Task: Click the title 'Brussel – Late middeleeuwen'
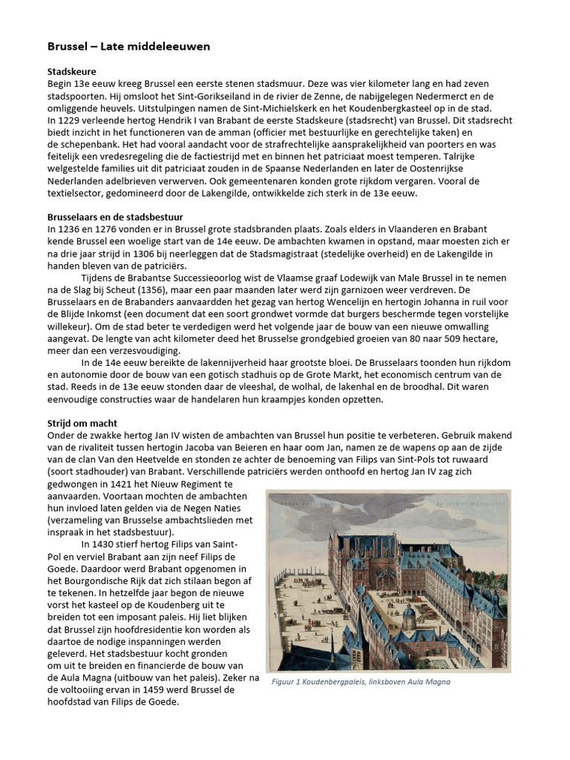click(x=128, y=46)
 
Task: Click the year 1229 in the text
click(x=69, y=120)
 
